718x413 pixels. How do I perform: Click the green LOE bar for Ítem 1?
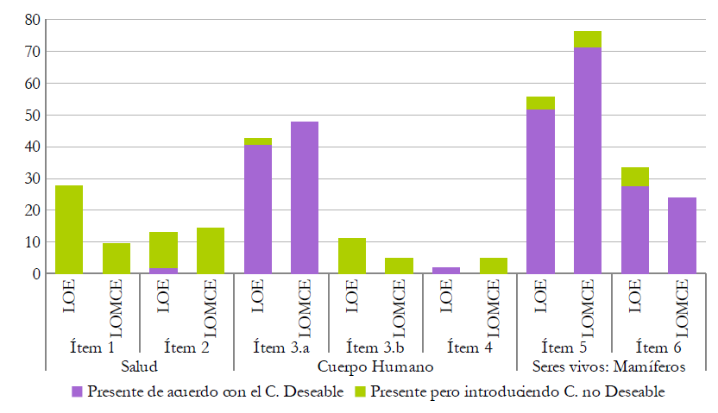point(68,229)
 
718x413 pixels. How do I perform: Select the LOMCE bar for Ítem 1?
point(116,259)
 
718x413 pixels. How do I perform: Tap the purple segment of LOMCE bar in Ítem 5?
point(587,160)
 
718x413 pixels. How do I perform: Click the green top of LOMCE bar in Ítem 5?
point(587,40)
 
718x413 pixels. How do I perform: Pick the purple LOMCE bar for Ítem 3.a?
point(304,197)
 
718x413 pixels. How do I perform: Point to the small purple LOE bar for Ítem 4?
point(445,271)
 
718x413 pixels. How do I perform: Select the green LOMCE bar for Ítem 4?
point(493,266)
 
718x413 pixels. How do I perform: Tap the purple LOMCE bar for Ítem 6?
point(681,235)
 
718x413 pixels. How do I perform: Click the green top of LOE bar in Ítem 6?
point(634,177)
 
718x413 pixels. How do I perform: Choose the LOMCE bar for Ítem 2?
point(210,251)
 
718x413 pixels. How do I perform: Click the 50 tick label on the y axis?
point(32,116)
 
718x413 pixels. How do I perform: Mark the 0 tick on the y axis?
point(35,274)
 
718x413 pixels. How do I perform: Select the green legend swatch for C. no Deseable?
point(362,392)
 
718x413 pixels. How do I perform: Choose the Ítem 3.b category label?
point(375,348)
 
